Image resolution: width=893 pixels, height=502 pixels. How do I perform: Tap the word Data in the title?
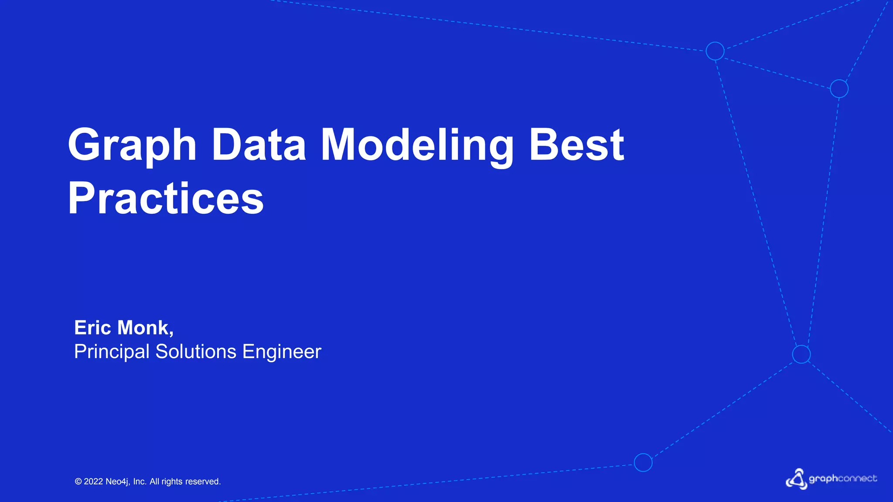(x=259, y=145)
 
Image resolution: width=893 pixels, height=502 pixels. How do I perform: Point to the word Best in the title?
(x=576, y=145)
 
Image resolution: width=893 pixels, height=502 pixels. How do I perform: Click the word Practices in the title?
(x=166, y=199)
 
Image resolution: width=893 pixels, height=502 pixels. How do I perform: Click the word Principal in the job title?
(x=112, y=352)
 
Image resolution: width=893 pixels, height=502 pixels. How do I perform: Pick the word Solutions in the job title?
(x=196, y=352)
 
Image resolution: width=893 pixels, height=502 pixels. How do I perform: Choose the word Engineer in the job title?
(x=282, y=352)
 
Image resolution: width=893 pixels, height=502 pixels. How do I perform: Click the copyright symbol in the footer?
(x=78, y=482)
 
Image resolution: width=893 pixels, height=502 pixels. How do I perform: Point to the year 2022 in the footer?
(x=93, y=482)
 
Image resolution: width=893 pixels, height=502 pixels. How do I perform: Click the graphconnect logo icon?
(x=797, y=479)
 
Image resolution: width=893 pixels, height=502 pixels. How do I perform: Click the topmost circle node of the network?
(x=715, y=51)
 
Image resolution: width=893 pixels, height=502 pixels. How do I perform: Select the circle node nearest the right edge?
(x=839, y=89)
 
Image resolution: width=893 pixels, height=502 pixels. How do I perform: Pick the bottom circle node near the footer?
(x=643, y=462)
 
